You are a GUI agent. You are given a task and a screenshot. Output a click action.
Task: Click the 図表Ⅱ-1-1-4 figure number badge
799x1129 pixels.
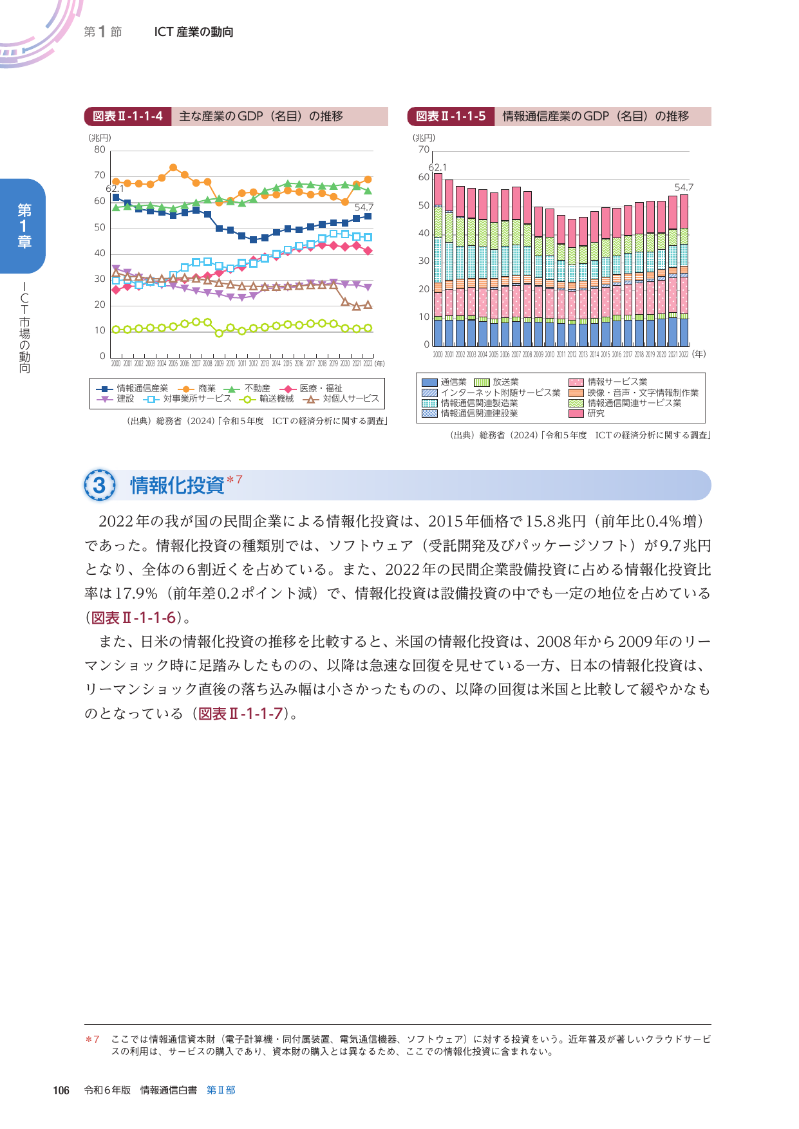pyautogui.click(x=127, y=117)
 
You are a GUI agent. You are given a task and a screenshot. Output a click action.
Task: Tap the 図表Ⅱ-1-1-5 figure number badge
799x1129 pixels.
pyautogui.click(x=451, y=117)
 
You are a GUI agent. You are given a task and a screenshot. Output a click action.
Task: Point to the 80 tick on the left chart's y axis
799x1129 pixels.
pyautogui.click(x=100, y=150)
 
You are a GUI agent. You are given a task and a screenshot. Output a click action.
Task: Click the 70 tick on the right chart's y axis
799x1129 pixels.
pyautogui.click(x=424, y=150)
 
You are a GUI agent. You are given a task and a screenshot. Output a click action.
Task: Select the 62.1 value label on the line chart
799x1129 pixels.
pyautogui.click(x=115, y=189)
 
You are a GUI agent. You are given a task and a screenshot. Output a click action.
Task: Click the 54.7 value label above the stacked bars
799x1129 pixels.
pyautogui.click(x=684, y=187)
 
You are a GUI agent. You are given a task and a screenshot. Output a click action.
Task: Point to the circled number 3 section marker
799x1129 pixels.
pyautogui.click(x=100, y=485)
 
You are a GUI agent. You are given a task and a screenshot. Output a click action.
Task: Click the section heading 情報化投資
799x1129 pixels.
pyautogui.click(x=177, y=485)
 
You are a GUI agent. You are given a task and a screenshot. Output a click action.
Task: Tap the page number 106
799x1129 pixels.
pyautogui.click(x=61, y=1090)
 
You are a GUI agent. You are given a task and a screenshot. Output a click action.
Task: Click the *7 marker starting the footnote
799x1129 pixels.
pyautogui.click(x=93, y=1039)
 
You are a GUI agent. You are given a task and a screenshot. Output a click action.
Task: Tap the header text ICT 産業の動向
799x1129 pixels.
pyautogui.click(x=194, y=32)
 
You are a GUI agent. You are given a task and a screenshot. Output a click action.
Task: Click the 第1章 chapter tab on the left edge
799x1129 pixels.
pyautogui.click(x=24, y=225)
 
